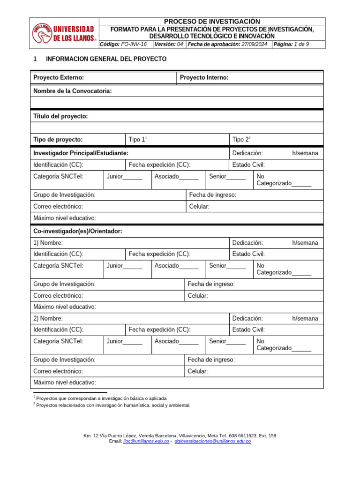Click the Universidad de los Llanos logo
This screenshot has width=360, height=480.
(x=64, y=33)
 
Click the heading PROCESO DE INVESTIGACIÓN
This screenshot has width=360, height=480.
(x=211, y=22)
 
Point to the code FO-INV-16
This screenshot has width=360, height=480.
(x=134, y=44)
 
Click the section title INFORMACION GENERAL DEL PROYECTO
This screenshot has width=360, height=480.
(x=105, y=59)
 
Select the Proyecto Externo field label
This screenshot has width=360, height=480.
(x=59, y=77)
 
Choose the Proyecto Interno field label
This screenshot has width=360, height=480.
(x=204, y=77)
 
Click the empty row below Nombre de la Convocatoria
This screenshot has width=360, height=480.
(x=177, y=103)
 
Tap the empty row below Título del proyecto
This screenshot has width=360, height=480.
(x=177, y=128)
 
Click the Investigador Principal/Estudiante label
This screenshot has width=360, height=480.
(x=81, y=153)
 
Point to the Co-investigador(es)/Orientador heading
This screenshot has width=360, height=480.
(x=78, y=231)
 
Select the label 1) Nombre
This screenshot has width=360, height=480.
(x=48, y=243)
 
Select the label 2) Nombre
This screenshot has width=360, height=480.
(x=48, y=318)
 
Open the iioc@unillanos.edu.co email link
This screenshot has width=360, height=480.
(x=146, y=442)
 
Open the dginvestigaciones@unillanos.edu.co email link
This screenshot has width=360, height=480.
(x=212, y=442)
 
